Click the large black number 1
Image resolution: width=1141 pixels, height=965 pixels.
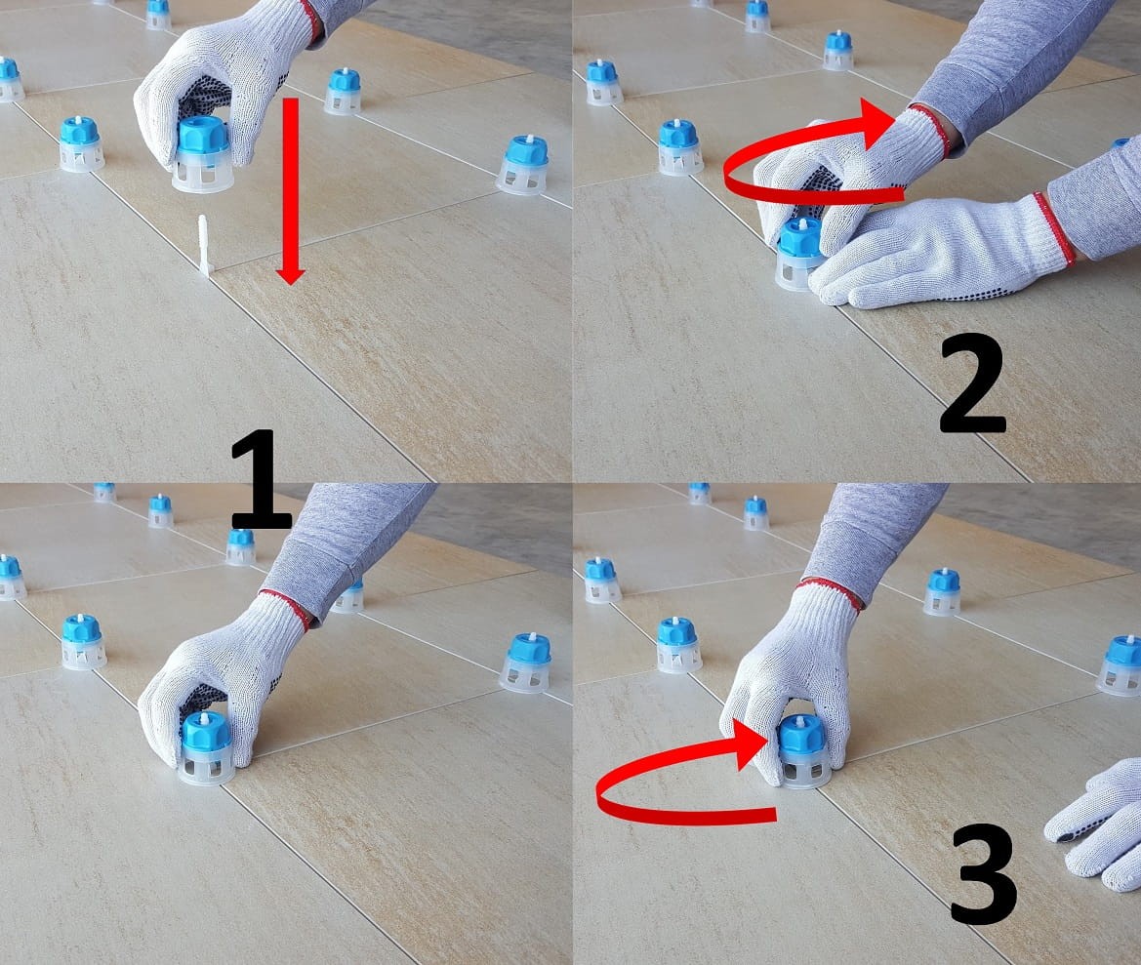pos(262,479)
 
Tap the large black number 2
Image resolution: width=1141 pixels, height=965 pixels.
pos(973,384)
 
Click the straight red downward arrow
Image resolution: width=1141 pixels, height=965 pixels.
pos(290,190)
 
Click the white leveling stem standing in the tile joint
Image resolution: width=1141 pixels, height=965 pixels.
pos(204,246)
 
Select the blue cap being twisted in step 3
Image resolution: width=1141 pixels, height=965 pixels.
pos(802,735)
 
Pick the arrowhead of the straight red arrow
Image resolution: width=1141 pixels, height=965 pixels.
pos(290,274)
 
